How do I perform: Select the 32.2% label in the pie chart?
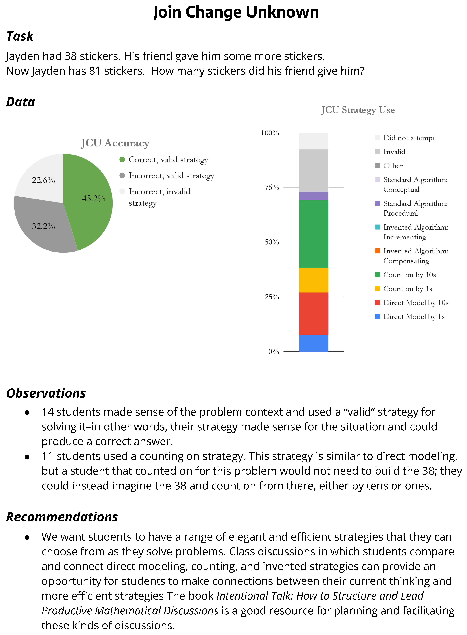pos(43,226)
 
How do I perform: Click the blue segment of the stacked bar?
pos(314,343)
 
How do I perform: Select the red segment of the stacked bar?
pos(314,313)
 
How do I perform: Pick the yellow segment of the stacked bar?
pos(314,280)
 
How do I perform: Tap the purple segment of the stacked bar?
pos(314,196)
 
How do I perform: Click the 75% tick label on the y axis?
pos(272,187)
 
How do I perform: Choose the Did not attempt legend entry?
pos(409,138)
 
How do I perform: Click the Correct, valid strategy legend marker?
pos(122,160)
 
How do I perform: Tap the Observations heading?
pos(46,393)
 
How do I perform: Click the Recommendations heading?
pos(62,517)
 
